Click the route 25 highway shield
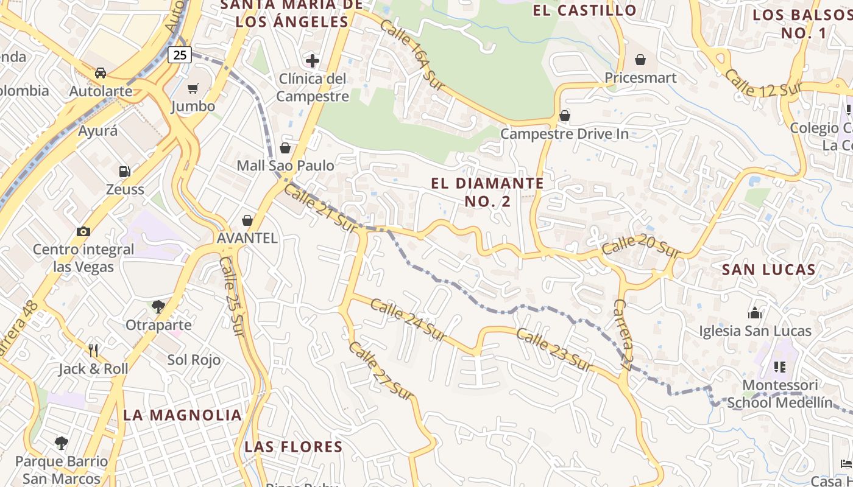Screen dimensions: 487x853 (x=180, y=55)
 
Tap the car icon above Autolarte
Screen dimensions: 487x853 (x=101, y=73)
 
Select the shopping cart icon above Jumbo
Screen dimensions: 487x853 (x=193, y=89)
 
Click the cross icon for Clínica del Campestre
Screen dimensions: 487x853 (x=313, y=60)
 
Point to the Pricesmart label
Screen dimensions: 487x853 (x=640, y=78)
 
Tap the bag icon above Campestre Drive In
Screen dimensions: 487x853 (x=565, y=116)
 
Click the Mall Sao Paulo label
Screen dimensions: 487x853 (x=285, y=166)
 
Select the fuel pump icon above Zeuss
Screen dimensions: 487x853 (x=125, y=172)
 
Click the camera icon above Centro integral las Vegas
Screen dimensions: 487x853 (x=83, y=231)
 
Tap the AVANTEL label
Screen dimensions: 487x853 (x=247, y=238)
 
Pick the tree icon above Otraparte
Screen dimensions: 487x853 (x=158, y=306)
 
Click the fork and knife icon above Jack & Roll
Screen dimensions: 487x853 (x=93, y=350)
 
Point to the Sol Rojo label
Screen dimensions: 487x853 (x=194, y=360)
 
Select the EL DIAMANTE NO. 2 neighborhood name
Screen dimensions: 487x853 (x=487, y=192)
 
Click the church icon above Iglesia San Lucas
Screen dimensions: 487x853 (x=755, y=314)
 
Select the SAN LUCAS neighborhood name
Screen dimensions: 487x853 (x=768, y=270)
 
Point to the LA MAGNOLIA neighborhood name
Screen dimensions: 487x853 (x=183, y=415)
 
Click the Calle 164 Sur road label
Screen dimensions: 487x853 (x=409, y=55)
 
